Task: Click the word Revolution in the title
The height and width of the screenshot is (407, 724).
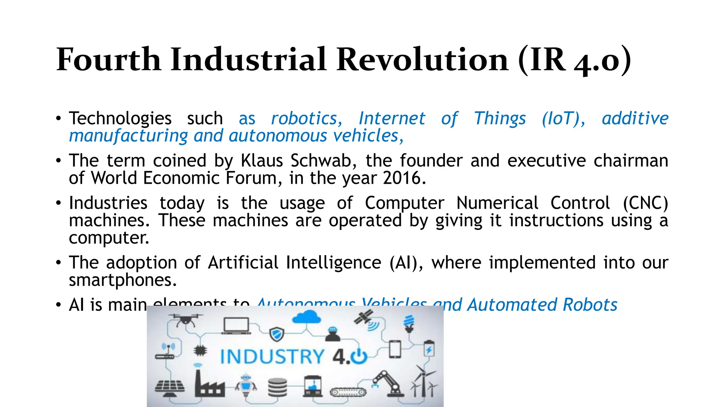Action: pos(422,59)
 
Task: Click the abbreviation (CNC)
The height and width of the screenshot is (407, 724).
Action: pos(645,203)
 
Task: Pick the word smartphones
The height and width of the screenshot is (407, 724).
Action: pos(122,280)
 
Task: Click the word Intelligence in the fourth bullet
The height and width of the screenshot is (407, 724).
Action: pos(333,263)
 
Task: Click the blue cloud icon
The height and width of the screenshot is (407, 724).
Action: pos(306,317)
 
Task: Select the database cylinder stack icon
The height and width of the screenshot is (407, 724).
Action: pos(278,388)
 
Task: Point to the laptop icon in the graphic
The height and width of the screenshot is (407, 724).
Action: pos(236,325)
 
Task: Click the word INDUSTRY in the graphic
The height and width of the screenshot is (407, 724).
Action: pos(272,356)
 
